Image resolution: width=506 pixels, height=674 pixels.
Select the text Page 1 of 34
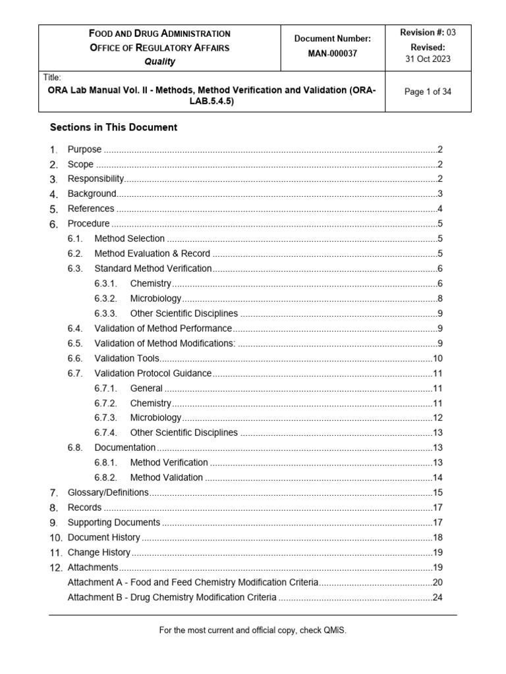428,92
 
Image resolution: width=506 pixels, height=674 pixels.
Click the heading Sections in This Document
113,128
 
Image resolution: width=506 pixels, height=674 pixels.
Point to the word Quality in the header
160,62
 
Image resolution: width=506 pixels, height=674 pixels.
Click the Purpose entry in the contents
84,149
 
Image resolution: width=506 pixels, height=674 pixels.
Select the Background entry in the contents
92,194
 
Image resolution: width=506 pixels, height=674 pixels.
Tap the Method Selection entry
129,238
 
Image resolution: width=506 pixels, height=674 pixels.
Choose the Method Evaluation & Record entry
152,253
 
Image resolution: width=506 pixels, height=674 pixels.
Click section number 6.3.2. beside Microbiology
105,298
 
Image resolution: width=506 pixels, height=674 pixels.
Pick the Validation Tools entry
127,358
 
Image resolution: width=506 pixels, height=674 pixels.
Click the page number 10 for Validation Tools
437,358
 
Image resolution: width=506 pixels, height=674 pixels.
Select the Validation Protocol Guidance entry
153,373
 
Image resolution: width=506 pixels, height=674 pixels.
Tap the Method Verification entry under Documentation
169,462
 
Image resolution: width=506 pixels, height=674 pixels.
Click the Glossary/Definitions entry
108,492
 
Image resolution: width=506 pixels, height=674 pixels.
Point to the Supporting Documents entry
113,522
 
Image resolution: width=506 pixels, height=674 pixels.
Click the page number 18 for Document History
437,537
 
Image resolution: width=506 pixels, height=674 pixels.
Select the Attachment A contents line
193,582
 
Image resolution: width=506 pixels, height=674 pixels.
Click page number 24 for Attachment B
437,597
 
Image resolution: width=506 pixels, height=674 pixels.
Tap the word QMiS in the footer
334,630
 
